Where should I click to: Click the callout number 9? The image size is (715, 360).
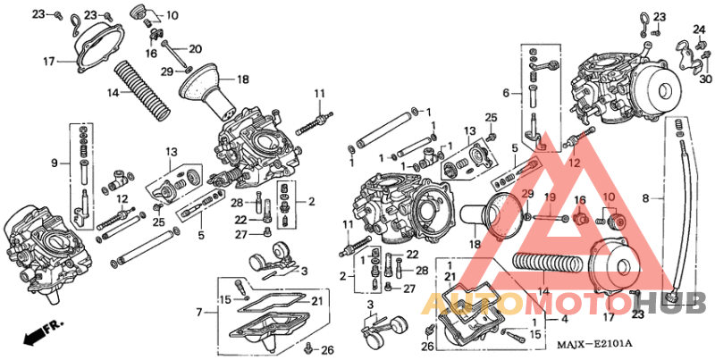click(x=55, y=163)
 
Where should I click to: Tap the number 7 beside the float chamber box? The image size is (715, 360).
click(x=200, y=313)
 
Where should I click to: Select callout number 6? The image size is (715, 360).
click(x=506, y=92)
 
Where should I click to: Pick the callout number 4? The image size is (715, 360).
click(x=564, y=319)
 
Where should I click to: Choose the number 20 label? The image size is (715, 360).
click(x=196, y=48)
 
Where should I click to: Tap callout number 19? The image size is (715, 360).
click(x=551, y=197)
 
